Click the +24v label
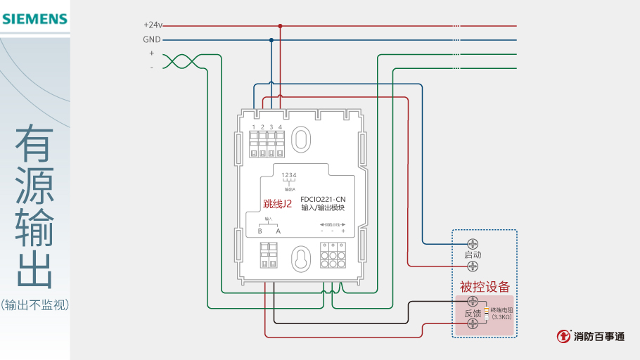153,25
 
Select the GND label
152,39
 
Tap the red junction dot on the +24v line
280,26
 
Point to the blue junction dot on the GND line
271,40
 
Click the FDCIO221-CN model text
323,199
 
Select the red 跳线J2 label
277,204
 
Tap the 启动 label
473,255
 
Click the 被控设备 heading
485,287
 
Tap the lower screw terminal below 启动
473,266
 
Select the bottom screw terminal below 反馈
473,324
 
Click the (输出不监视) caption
35,304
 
